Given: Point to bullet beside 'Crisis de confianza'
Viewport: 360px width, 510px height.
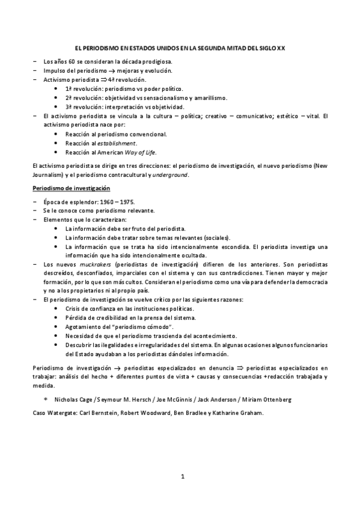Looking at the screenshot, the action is point(56,309).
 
